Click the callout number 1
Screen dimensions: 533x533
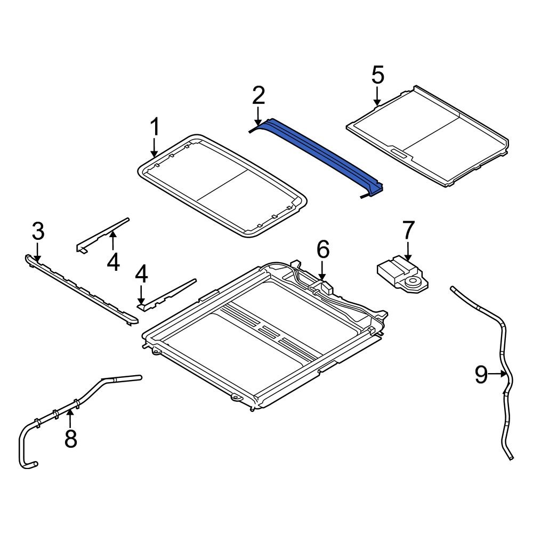(154, 128)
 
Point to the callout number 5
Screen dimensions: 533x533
(377, 75)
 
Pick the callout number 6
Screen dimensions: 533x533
(323, 249)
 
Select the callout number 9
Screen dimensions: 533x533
(481, 375)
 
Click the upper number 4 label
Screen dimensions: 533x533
(113, 262)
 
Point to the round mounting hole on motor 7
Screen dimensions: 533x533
(413, 281)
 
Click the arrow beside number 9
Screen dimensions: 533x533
(498, 374)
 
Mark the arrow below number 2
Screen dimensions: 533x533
(258, 116)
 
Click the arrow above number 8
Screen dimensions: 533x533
(70, 415)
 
